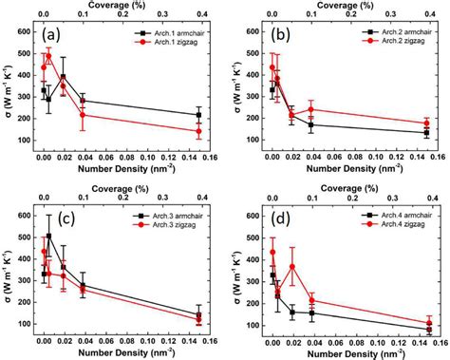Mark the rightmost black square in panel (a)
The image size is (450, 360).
click(198, 114)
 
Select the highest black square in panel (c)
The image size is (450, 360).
click(49, 236)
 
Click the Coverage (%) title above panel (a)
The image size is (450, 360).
click(122, 5)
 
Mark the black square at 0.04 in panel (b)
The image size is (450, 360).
click(312, 124)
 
